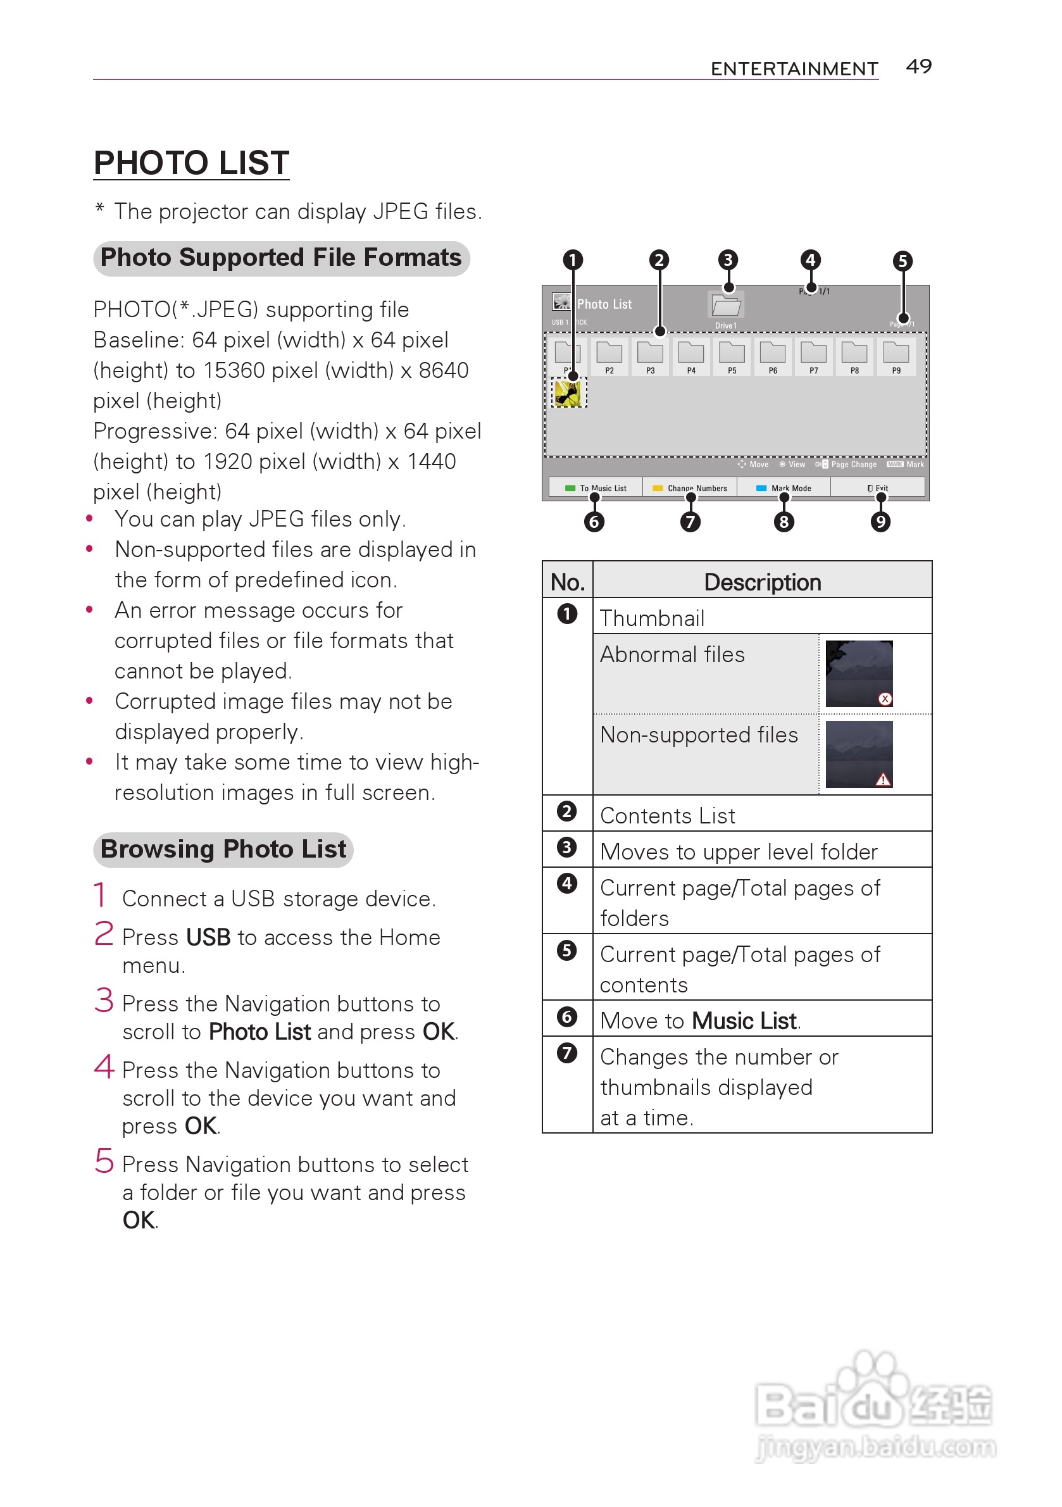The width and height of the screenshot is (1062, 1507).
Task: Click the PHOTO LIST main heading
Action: coord(191,163)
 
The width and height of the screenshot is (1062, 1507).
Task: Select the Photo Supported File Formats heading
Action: coord(281,258)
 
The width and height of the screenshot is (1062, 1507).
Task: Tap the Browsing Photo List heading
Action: coord(223,849)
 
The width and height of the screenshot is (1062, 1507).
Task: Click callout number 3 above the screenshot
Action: coord(727,260)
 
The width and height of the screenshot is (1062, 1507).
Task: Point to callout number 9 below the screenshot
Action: coord(880,522)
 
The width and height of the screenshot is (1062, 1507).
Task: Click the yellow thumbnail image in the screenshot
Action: coord(568,393)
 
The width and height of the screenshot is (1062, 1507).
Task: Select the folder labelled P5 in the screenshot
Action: coord(732,354)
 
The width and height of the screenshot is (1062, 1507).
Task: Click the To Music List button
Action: coord(596,488)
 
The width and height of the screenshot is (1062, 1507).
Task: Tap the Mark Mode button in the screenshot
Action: coord(784,488)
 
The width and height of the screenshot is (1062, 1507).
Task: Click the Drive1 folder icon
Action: coord(725,305)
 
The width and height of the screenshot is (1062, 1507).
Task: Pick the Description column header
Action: coord(762,582)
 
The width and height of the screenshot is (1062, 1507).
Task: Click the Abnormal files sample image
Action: coord(859,673)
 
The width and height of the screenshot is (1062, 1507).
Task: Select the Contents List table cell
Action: coord(668,815)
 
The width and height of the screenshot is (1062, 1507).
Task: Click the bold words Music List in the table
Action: coord(744,1021)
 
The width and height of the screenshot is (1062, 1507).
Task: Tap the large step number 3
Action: coord(104,1000)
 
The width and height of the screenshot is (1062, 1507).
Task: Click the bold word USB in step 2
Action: coord(208,937)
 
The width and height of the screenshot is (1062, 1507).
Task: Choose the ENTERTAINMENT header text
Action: coord(794,69)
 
